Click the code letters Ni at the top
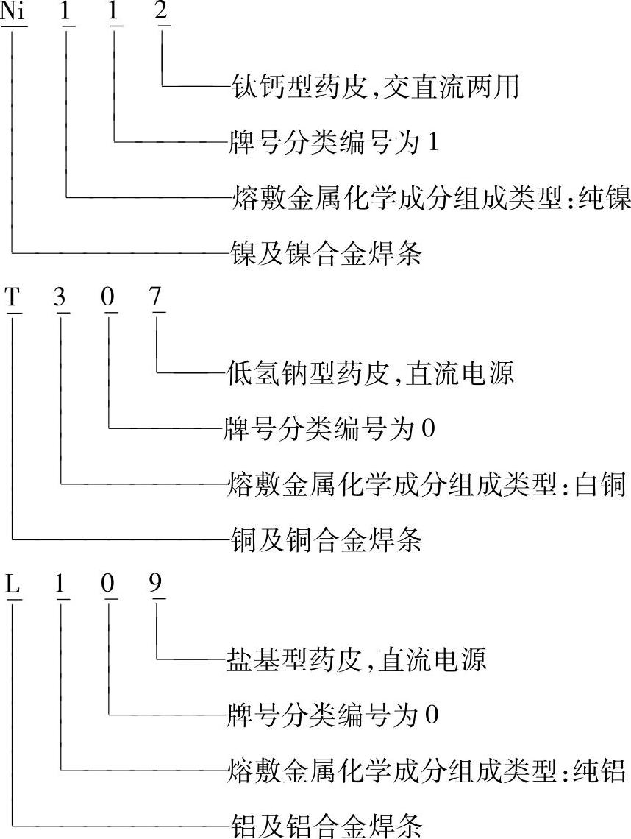click(x=14, y=13)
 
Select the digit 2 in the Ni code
click(x=162, y=13)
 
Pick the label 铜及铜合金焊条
click(x=325, y=542)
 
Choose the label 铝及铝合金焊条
click(x=325, y=826)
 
